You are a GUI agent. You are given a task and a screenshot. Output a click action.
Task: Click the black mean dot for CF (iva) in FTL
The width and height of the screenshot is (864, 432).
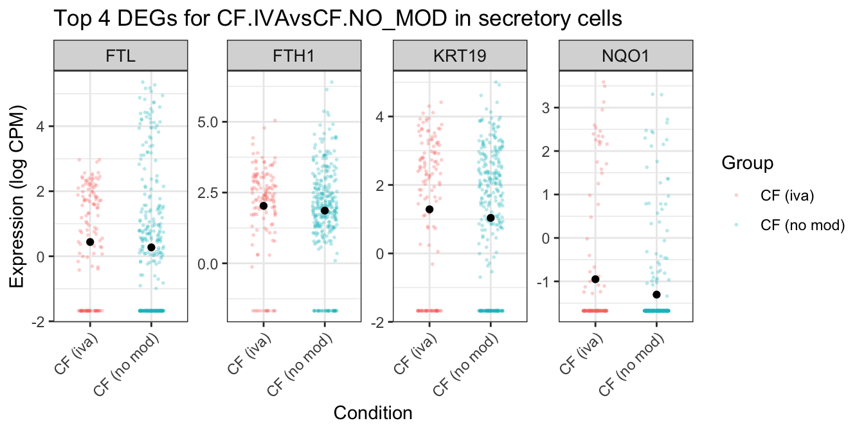click(x=90, y=242)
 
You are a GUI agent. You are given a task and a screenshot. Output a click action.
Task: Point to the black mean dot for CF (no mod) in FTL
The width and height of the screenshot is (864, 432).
click(x=151, y=248)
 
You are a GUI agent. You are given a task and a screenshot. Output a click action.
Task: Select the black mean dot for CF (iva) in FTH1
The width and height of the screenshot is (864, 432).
click(x=264, y=206)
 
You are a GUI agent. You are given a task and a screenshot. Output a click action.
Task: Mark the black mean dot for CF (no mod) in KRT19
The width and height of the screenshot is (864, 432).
click(x=491, y=218)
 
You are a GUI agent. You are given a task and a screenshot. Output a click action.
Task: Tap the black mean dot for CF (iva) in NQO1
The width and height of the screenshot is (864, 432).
click(x=595, y=279)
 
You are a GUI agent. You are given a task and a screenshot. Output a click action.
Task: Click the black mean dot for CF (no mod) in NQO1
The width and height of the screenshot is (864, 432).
click(x=656, y=294)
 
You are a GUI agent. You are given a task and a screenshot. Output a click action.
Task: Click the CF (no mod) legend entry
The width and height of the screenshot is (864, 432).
click(x=801, y=224)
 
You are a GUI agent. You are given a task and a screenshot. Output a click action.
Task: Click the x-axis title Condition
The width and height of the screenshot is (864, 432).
click(x=373, y=413)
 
